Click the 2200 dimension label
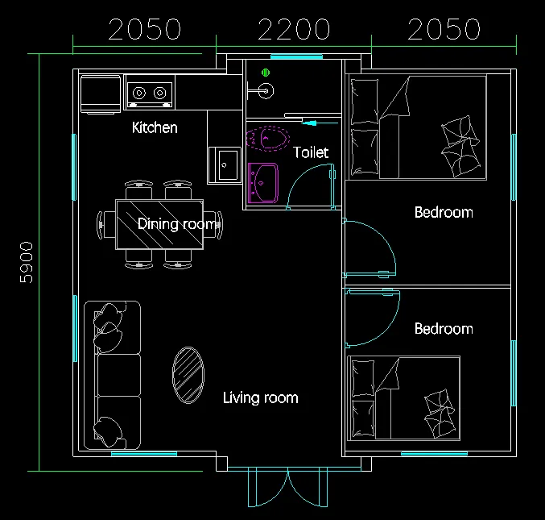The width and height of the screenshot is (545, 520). click(294, 29)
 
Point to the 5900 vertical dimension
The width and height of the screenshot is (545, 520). click(27, 263)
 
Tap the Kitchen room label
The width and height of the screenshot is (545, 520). click(155, 127)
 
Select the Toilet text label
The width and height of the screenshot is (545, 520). click(311, 152)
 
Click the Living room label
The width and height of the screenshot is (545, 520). click(261, 397)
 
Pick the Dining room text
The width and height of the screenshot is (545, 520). click(177, 224)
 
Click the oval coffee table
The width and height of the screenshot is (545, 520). click(188, 375)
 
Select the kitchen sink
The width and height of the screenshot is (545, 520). click(225, 165)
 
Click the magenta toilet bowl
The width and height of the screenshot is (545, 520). click(267, 139)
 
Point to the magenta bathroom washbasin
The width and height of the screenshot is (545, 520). click(263, 183)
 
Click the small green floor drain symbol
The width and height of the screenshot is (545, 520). click(266, 73)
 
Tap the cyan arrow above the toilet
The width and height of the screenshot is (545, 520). click(320, 123)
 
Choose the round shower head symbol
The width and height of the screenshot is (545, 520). click(266, 91)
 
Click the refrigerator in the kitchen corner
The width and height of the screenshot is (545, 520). click(101, 94)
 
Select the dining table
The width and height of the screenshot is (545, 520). click(159, 224)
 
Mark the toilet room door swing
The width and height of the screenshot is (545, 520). click(298, 178)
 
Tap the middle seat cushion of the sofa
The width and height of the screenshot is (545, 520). click(119, 375)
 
